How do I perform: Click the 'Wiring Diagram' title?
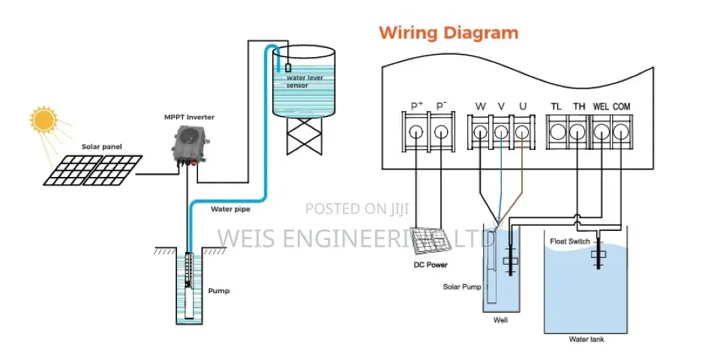[x=448, y=33]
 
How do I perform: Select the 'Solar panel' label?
[x=101, y=147]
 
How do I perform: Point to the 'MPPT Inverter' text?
[x=189, y=117]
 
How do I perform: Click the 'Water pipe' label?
[x=230, y=209]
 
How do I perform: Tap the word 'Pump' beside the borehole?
[x=218, y=291]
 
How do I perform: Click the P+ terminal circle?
[x=415, y=132]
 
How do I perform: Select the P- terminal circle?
[x=441, y=132]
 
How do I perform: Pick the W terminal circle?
[x=480, y=132]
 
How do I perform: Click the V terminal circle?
[x=501, y=132]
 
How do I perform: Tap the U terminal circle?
[x=522, y=132]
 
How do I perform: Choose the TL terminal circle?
[x=557, y=132]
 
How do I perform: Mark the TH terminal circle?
[x=577, y=132]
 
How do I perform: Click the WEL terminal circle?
[x=601, y=132]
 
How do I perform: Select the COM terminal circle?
[x=621, y=132]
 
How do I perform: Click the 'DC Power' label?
[x=430, y=265]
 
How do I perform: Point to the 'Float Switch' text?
[x=570, y=241]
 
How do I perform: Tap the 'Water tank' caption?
[x=586, y=340]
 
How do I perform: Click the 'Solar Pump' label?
[x=462, y=286]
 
